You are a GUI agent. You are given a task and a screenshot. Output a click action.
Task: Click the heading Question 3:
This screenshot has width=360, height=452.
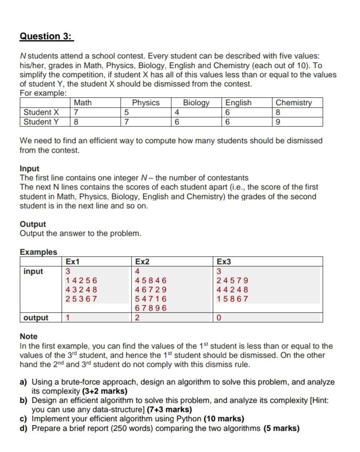[x=46, y=36]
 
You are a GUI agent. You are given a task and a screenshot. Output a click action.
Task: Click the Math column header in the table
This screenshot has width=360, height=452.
[x=83, y=103]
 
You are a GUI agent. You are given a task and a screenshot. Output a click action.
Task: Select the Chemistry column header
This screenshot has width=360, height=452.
[x=294, y=103]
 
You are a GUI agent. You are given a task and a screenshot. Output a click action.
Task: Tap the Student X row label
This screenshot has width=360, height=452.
[x=41, y=112]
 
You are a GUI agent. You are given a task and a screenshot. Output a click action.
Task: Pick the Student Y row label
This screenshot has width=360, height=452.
[x=41, y=122]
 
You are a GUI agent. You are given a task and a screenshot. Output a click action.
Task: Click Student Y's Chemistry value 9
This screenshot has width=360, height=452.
[x=279, y=122]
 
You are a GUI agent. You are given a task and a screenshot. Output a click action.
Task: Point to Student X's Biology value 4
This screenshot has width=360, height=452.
[x=177, y=112]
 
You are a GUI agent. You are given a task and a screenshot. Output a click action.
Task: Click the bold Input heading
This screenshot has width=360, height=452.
[x=29, y=169]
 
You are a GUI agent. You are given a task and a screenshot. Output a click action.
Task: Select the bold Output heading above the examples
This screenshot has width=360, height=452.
[x=33, y=224]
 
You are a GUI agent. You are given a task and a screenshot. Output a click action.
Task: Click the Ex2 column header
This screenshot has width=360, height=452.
[x=142, y=262]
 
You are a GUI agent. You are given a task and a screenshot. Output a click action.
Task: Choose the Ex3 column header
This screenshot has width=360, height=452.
[x=224, y=262]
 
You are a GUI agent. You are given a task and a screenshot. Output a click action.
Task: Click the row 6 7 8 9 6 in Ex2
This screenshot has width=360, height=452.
[x=151, y=308]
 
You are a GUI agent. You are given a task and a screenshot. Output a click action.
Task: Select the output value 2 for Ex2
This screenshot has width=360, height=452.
[x=138, y=318]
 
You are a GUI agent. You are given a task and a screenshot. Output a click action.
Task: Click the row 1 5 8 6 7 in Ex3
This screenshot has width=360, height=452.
[x=232, y=299]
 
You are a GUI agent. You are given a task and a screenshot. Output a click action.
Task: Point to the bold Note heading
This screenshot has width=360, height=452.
[x=28, y=336]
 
